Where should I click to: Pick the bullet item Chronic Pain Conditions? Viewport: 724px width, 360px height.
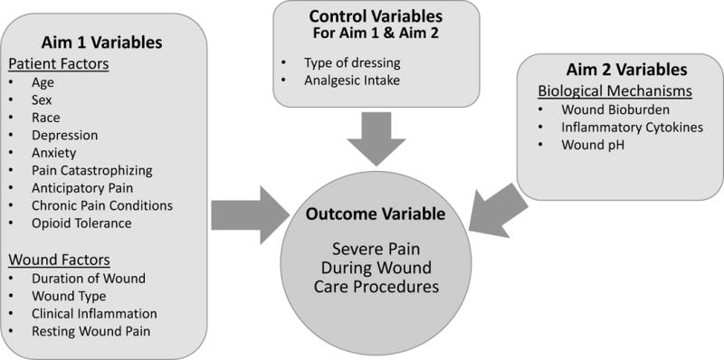101,206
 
